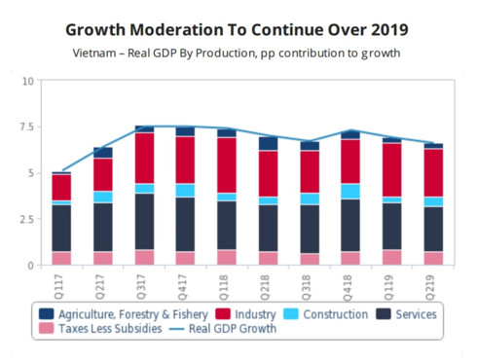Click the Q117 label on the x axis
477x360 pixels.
pyautogui.click(x=61, y=284)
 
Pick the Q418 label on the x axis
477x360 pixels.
pyautogui.click(x=350, y=284)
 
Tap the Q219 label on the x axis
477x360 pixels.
pyautogui.click(x=433, y=284)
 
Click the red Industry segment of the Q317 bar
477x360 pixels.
pyautogui.click(x=144, y=158)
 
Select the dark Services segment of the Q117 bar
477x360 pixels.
pyautogui.click(x=61, y=228)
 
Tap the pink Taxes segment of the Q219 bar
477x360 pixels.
pyautogui.click(x=433, y=258)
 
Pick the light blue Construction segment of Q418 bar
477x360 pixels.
pyautogui.click(x=350, y=191)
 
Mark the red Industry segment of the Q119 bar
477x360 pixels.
pyautogui.click(x=391, y=169)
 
